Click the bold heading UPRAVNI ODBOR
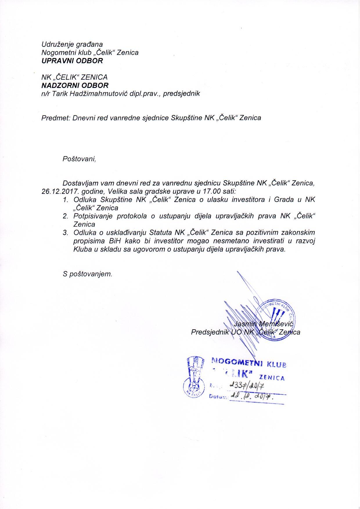[72, 61]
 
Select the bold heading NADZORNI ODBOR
[75, 85]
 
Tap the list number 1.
[65, 200]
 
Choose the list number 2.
[65, 216]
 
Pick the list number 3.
[65, 233]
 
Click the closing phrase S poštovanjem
[87, 274]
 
